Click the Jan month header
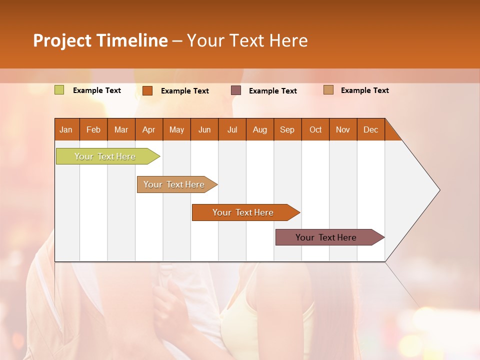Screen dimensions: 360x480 click(66, 129)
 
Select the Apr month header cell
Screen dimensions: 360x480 click(149, 129)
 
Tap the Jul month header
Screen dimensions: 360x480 click(232, 129)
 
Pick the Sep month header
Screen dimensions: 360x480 click(287, 129)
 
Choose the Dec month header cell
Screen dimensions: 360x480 click(370, 129)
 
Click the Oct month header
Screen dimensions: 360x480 click(315, 129)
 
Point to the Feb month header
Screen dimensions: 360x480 click(93, 129)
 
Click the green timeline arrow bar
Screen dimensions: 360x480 click(105, 156)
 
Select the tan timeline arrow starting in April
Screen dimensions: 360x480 click(174, 184)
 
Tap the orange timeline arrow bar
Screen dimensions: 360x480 click(243, 212)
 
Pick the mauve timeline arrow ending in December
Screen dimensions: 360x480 click(326, 237)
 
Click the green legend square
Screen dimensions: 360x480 click(59, 90)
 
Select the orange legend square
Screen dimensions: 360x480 click(147, 90)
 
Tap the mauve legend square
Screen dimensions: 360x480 click(236, 90)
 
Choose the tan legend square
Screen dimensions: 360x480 click(328, 90)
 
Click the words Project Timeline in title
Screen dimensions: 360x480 click(100, 40)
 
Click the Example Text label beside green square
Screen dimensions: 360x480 click(97, 90)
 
